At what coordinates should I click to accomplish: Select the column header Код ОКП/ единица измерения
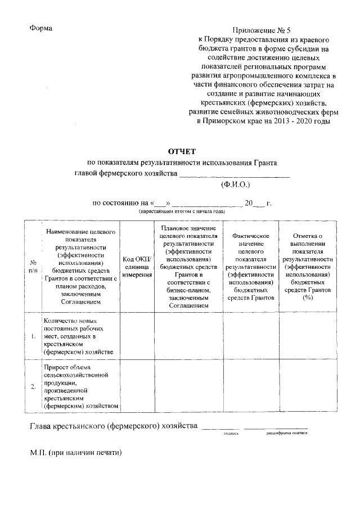click(137, 266)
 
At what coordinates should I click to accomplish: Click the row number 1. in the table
click(33, 336)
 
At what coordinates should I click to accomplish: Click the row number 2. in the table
click(33, 386)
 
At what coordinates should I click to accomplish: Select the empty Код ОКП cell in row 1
click(137, 336)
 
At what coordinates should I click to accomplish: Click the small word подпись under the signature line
click(232, 434)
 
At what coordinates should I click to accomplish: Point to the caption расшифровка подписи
click(287, 434)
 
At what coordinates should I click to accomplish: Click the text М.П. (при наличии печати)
click(76, 452)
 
